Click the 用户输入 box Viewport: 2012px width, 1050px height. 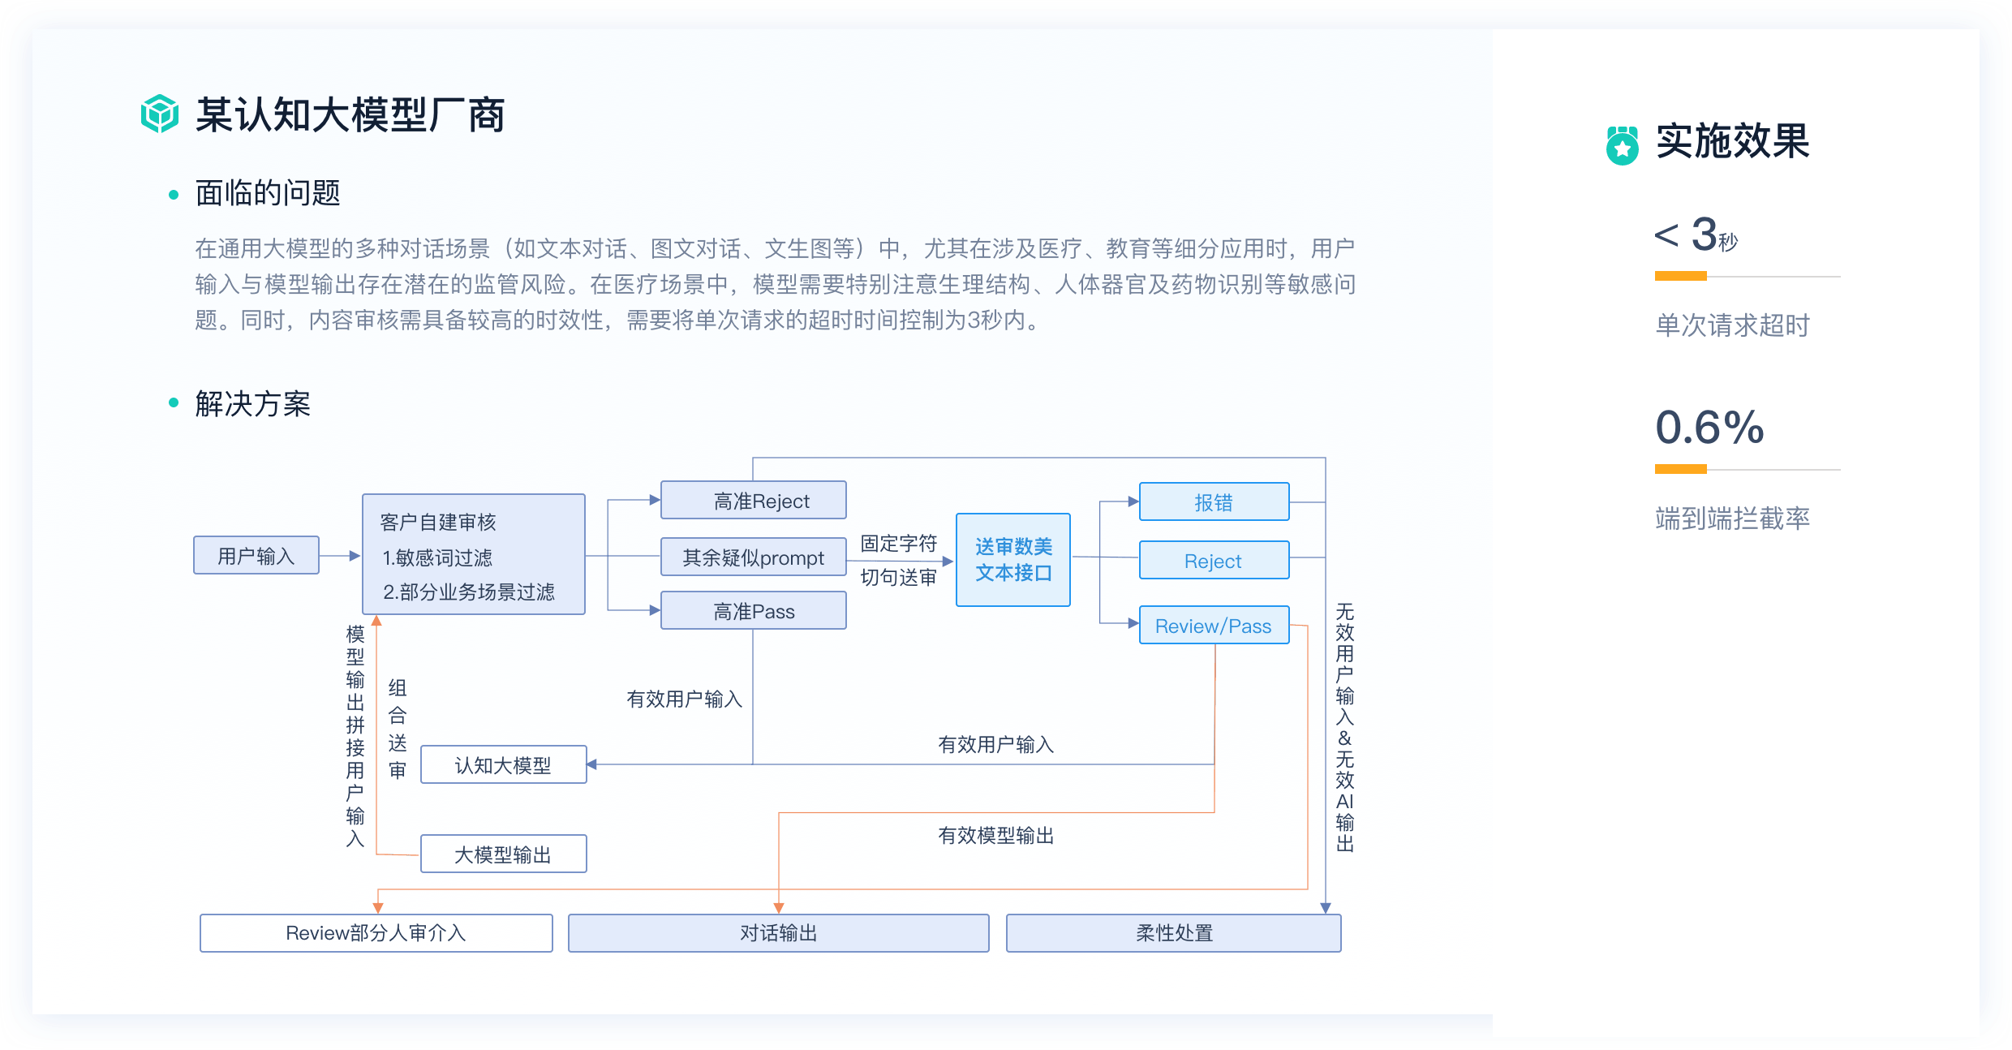(256, 556)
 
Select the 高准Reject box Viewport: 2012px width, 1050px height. (753, 501)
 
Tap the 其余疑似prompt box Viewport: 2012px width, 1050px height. (753, 557)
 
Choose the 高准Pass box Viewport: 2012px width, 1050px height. (753, 611)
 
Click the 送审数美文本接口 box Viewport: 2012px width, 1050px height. (1012, 560)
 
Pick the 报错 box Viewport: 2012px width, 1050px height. (1214, 502)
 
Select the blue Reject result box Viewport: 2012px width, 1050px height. (1214, 561)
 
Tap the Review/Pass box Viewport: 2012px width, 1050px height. (1214, 626)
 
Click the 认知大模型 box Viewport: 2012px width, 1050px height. (503, 765)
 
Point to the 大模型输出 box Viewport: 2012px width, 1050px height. (503, 854)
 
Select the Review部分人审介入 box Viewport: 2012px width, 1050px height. (376, 933)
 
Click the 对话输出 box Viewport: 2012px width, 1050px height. (778, 933)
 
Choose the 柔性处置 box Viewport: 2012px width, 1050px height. (1173, 933)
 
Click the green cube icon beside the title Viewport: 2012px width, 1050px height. (159, 114)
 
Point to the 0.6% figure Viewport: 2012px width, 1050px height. (1709, 428)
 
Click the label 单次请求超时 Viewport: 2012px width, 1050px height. (1732, 325)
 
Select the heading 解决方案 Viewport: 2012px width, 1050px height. (252, 403)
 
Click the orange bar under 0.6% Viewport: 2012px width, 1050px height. (1680, 469)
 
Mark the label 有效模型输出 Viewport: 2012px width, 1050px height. (995, 836)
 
